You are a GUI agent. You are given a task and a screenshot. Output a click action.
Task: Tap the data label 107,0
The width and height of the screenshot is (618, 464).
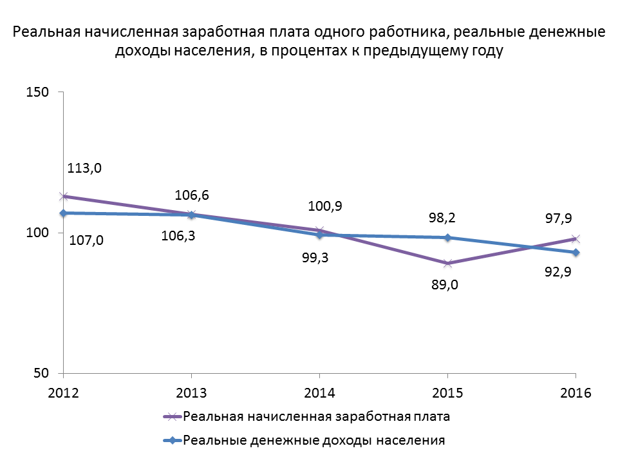click(x=86, y=241)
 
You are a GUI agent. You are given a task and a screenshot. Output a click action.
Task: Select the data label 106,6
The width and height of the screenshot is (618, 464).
click(x=191, y=195)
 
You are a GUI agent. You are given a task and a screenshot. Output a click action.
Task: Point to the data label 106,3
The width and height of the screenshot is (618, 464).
click(x=178, y=236)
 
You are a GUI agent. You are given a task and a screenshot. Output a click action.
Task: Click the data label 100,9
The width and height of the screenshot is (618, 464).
click(x=325, y=206)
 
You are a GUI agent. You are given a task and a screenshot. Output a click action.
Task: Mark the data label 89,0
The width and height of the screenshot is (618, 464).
click(x=444, y=285)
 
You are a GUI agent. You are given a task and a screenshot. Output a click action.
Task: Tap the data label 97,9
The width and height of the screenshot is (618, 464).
click(x=559, y=219)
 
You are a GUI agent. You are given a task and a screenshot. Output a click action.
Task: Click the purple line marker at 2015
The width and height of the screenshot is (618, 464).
click(x=447, y=263)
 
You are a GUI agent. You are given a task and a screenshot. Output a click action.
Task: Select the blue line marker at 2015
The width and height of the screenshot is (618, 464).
click(x=447, y=237)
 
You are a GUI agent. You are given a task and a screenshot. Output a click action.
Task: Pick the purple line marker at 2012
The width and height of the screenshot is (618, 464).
click(x=63, y=196)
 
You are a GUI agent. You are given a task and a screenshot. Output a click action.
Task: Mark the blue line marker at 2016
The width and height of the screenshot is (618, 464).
click(x=576, y=252)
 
